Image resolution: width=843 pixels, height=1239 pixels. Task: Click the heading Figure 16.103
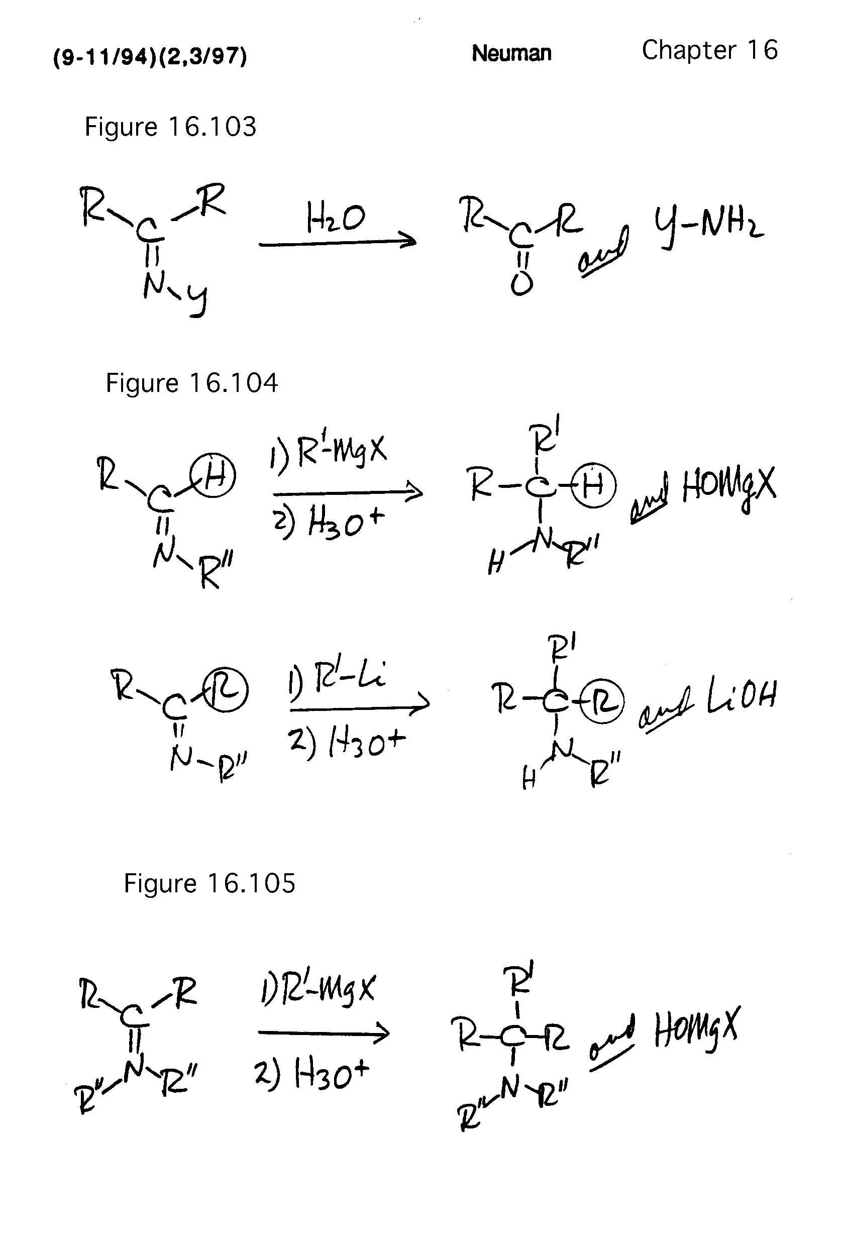pyautogui.click(x=170, y=127)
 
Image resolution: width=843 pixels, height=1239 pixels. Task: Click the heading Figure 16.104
pyautogui.click(x=191, y=383)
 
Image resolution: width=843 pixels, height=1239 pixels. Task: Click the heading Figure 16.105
pyautogui.click(x=209, y=883)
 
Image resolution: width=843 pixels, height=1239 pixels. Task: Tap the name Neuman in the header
pyautogui.click(x=511, y=53)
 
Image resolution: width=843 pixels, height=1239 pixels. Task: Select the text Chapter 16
pyautogui.click(x=709, y=50)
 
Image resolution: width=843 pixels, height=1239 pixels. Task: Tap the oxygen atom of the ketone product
pyautogui.click(x=521, y=284)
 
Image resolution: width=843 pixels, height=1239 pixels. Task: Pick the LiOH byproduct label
pyautogui.click(x=741, y=696)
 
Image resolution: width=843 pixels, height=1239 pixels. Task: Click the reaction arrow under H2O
pyautogui.click(x=337, y=243)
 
